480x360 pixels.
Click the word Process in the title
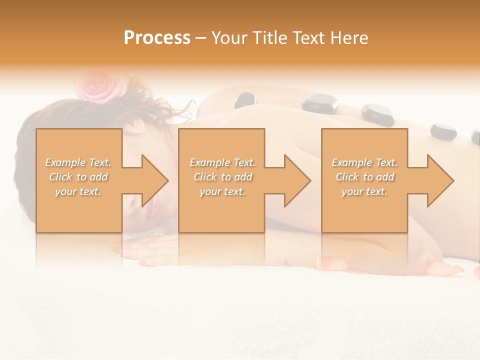(x=157, y=38)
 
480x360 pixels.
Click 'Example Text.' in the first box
(x=78, y=162)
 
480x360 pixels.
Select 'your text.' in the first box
(x=78, y=191)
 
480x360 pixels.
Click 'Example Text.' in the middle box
(x=222, y=162)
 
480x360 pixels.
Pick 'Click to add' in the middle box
(x=222, y=177)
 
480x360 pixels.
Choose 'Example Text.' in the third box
(x=364, y=162)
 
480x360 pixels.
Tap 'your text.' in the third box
(x=364, y=191)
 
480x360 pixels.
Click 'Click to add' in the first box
(x=78, y=177)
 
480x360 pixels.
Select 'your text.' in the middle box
(x=222, y=191)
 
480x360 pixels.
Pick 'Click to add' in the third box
(x=364, y=177)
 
